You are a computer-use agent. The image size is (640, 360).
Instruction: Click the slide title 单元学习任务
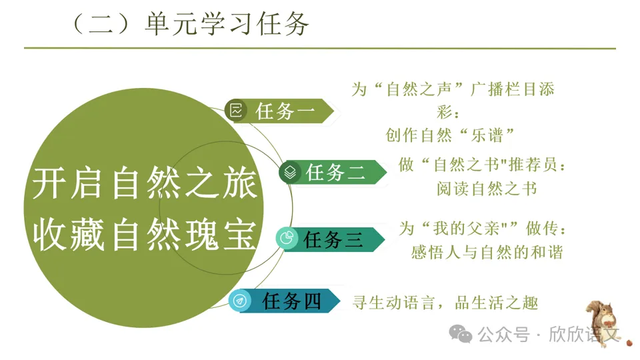tap(227, 24)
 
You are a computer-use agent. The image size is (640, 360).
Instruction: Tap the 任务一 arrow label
tap(280, 111)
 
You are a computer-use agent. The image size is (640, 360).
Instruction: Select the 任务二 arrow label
tap(333, 172)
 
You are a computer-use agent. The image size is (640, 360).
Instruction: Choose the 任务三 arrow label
tap(331, 239)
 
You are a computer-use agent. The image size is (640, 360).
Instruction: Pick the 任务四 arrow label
tap(285, 301)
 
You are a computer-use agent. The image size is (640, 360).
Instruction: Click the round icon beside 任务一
tap(236, 110)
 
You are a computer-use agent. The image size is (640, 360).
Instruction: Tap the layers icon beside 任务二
tap(290, 172)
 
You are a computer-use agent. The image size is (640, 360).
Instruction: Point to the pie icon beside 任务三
tap(287, 239)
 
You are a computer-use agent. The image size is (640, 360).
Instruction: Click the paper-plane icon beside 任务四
tap(239, 301)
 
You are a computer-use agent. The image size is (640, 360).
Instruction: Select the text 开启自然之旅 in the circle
tap(145, 184)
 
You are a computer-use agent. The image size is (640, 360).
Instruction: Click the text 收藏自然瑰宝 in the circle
tap(145, 235)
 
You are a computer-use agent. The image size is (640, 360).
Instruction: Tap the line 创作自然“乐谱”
tap(450, 135)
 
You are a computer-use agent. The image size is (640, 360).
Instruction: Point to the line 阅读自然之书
tap(487, 189)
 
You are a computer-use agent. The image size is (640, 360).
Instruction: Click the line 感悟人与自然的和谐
tap(487, 252)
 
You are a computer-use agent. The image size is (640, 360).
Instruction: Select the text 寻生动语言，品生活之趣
tap(445, 303)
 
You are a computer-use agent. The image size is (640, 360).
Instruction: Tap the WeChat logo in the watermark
tap(461, 334)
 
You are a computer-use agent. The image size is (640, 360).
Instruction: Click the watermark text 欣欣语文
tap(584, 334)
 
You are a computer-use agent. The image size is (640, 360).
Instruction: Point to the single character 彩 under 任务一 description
tap(444, 112)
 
